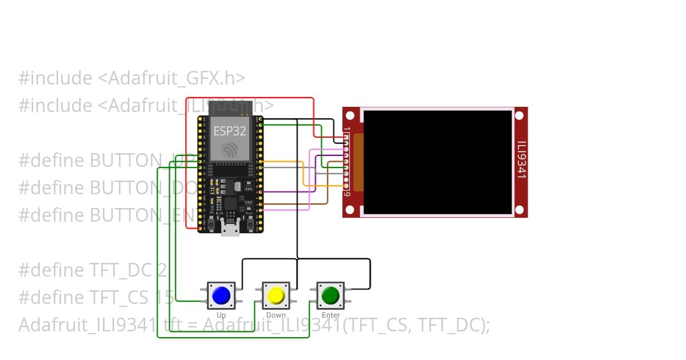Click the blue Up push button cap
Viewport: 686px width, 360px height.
point(221,295)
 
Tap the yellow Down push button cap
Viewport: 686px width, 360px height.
point(276,295)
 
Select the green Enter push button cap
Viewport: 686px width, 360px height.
point(330,295)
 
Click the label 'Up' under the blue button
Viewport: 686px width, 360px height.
point(221,315)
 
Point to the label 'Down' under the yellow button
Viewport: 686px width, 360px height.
point(276,315)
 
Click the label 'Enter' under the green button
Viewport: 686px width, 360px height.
point(330,315)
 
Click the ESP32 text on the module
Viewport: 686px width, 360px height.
point(230,131)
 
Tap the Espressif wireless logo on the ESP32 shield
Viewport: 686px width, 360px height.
point(230,150)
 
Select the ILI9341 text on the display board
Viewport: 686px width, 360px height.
point(521,160)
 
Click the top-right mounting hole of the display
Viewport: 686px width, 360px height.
point(519,115)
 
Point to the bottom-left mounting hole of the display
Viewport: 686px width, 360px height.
point(350,210)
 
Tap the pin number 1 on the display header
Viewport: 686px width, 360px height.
point(347,130)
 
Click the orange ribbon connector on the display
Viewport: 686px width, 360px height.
point(358,162)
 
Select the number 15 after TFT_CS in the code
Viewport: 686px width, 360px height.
point(165,298)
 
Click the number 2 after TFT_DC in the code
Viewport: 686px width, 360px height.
point(161,270)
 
